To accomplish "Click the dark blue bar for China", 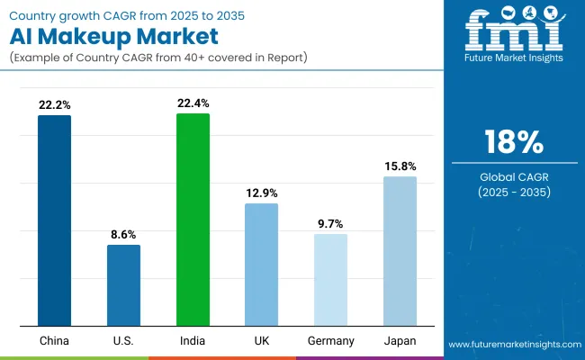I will pyautogui.click(x=54, y=220).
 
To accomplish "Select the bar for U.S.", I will pyautogui.click(x=123, y=284).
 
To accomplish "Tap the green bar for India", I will pyautogui.click(x=193, y=220).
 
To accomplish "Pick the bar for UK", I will pyautogui.click(x=262, y=265).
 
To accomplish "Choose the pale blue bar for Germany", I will pyautogui.click(x=330, y=280).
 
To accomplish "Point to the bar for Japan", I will pyautogui.click(x=400, y=251).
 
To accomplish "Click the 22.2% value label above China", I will pyautogui.click(x=54, y=105).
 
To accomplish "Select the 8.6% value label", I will pyautogui.click(x=123, y=234).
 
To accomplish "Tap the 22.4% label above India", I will pyautogui.click(x=193, y=103).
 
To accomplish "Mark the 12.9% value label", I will pyautogui.click(x=262, y=193).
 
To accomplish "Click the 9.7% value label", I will pyautogui.click(x=330, y=224).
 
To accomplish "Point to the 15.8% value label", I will pyautogui.click(x=400, y=166).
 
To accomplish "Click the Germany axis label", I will pyautogui.click(x=330, y=341).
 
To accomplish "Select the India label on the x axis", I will pyautogui.click(x=193, y=341).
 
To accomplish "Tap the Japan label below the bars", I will pyautogui.click(x=400, y=341).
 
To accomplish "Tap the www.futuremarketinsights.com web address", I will pyautogui.click(x=513, y=344).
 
